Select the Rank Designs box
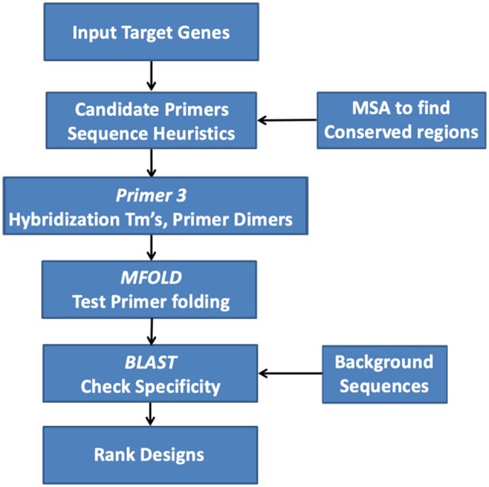[x=149, y=454]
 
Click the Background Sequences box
[x=384, y=373]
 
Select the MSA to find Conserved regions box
[x=400, y=121]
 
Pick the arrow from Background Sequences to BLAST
[x=290, y=374]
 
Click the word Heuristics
[x=193, y=132]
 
